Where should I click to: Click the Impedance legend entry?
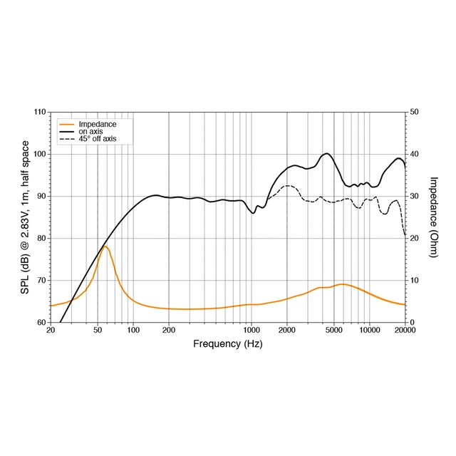click(x=97, y=124)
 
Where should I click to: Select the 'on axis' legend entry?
click(x=90, y=132)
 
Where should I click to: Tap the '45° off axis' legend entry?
click(x=97, y=139)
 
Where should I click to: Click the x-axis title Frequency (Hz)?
click(x=227, y=343)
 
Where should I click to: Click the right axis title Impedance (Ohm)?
click(x=434, y=217)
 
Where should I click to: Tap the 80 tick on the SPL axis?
click(x=41, y=238)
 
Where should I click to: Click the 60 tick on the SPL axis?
click(x=41, y=322)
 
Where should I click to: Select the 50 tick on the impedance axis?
click(x=414, y=113)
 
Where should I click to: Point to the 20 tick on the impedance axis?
click(x=414, y=238)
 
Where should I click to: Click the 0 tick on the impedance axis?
click(x=412, y=322)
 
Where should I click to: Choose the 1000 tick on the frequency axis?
click(x=251, y=331)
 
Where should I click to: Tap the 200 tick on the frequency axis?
click(x=169, y=331)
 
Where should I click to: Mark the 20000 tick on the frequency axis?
click(x=404, y=331)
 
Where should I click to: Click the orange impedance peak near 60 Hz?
click(x=105, y=246)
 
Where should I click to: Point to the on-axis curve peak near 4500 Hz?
click(x=327, y=153)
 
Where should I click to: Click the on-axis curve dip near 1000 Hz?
click(x=253, y=212)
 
